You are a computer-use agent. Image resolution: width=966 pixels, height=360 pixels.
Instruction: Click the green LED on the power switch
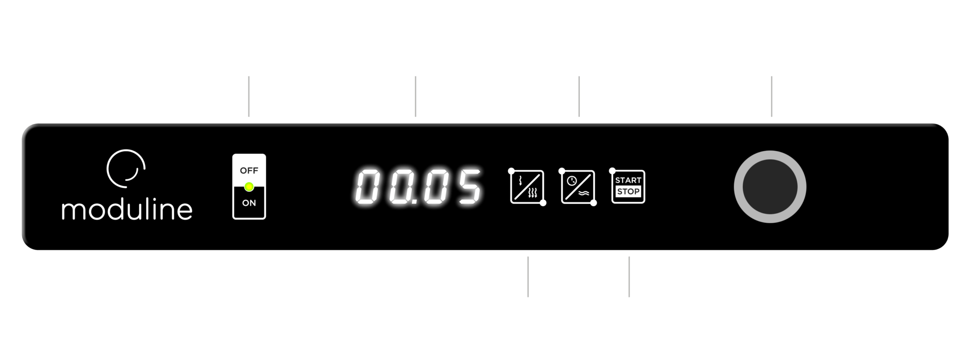(249, 187)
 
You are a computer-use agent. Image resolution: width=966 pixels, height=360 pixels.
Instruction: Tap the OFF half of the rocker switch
(249, 170)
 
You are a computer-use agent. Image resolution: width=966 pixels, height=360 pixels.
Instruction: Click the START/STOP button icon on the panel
(628, 186)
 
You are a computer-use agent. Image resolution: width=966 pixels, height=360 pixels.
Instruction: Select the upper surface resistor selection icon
(527, 186)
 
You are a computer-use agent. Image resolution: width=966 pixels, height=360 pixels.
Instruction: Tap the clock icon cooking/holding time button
(577, 186)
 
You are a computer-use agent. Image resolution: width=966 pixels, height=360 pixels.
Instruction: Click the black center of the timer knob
(770, 187)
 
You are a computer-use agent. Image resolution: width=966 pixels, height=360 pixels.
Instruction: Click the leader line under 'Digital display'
(416, 96)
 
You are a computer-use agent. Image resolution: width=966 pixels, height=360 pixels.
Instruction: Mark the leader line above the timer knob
(772, 96)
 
